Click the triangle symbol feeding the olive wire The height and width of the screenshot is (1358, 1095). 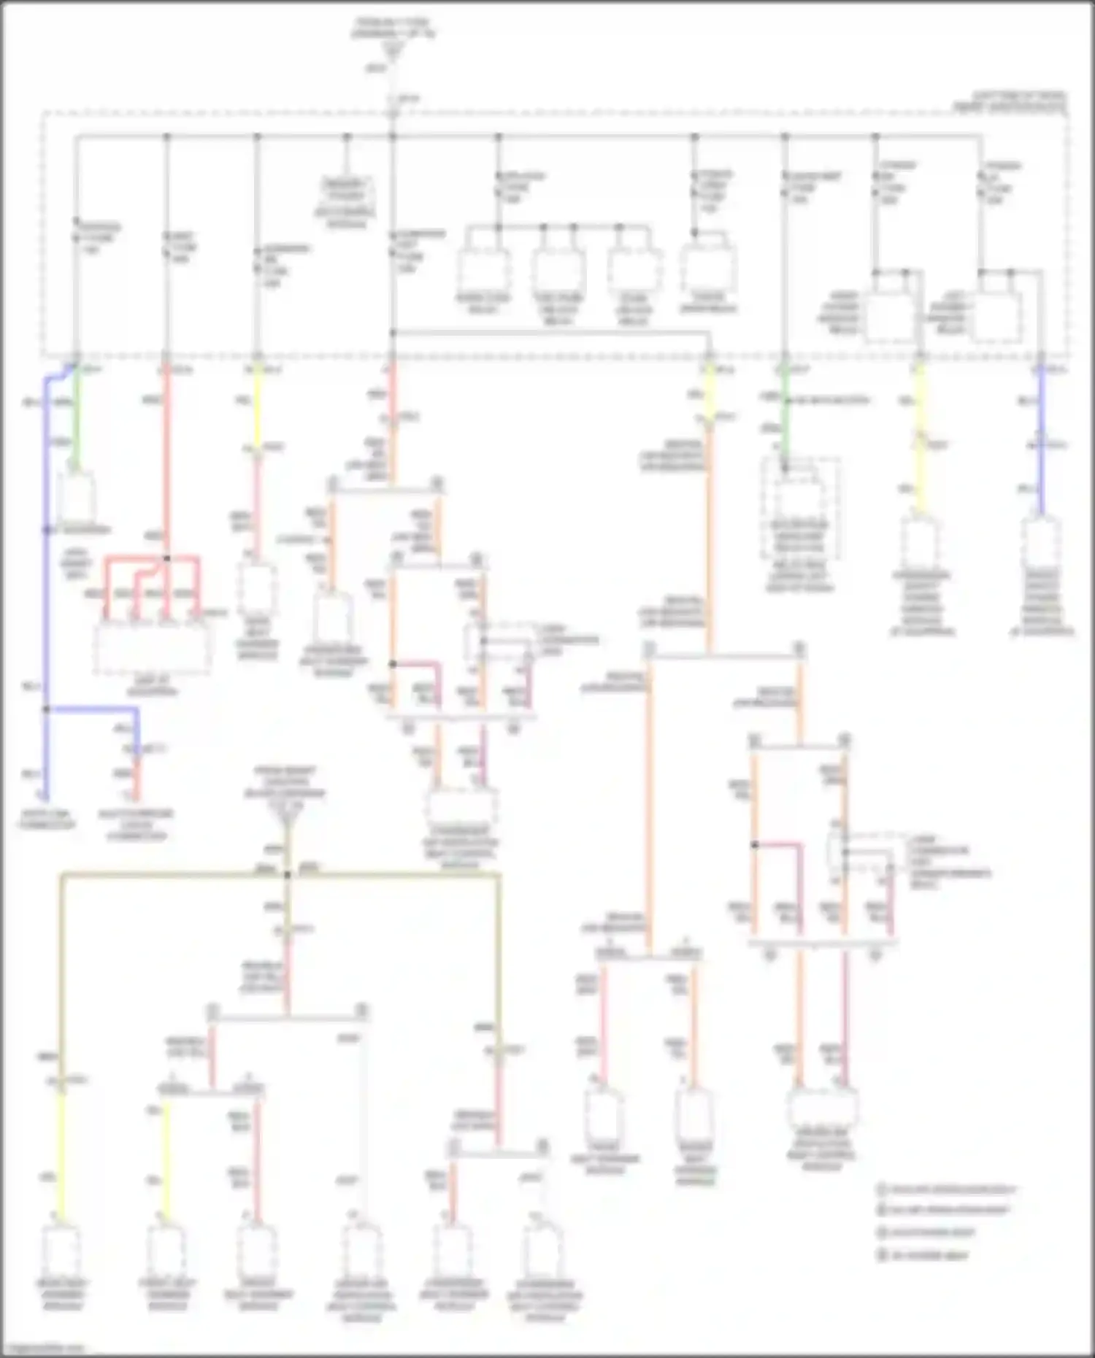point(288,826)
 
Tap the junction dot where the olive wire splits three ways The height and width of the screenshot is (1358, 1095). point(288,874)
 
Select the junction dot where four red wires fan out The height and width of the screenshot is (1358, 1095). point(166,558)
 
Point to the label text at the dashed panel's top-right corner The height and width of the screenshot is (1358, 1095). point(1010,102)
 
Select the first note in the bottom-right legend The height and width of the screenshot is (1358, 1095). point(947,1190)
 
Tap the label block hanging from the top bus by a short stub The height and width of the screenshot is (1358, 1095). point(346,201)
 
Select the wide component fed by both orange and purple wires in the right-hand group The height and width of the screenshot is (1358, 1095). point(823,1110)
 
